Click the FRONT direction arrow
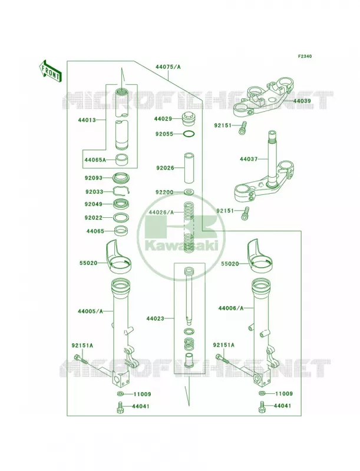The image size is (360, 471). point(50,71)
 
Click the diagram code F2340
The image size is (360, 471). point(305,56)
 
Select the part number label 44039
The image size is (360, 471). point(302,101)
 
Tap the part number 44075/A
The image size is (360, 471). point(168,67)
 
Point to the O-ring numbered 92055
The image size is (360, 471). point(189,134)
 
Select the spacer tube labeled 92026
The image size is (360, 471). point(189,168)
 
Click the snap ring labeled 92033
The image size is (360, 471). point(121,191)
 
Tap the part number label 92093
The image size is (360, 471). point(94,178)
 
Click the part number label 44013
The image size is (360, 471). point(87,120)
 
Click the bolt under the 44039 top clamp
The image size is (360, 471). point(242,128)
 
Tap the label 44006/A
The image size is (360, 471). point(231,308)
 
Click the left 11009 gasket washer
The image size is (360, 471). point(120,394)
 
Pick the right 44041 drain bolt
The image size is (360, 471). point(262,407)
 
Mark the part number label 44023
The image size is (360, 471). point(156,318)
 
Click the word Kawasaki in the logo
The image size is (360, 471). point(181,246)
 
